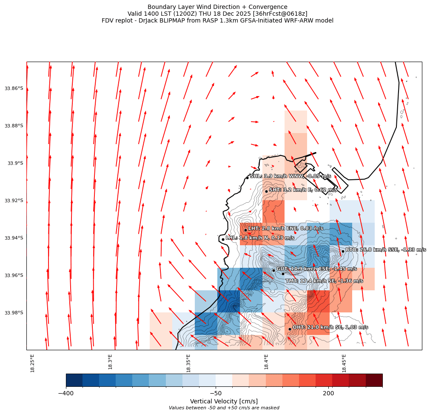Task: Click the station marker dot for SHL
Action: (x=247, y=178)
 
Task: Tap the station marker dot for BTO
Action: (x=343, y=251)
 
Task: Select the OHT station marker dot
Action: (x=290, y=329)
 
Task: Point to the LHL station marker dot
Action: (x=223, y=239)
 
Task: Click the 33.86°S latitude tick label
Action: (x=14, y=88)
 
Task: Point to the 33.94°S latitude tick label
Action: (x=14, y=238)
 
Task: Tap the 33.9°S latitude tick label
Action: (x=16, y=163)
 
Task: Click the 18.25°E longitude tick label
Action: (x=33, y=363)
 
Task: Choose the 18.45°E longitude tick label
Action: (x=344, y=363)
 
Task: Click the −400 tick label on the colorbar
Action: (x=66, y=393)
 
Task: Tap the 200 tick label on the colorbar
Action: (x=328, y=393)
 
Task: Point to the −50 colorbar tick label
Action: (x=216, y=393)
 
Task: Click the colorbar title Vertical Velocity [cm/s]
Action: (x=224, y=401)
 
